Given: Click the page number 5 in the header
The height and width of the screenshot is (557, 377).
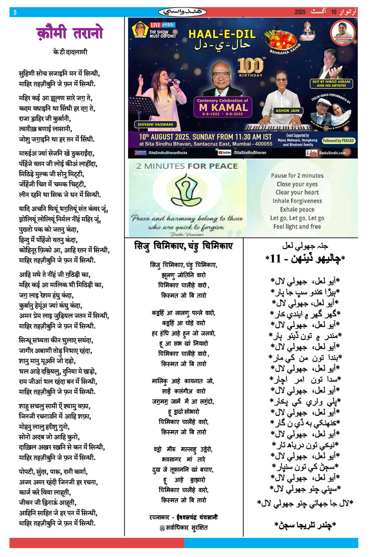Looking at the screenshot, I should point(15,12).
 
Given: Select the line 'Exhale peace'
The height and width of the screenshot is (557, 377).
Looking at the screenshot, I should point(297,209).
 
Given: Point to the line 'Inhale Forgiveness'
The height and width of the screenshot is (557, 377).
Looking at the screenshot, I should point(297,201).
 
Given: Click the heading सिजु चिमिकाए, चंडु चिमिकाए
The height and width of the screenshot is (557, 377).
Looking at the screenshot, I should point(183,246).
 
